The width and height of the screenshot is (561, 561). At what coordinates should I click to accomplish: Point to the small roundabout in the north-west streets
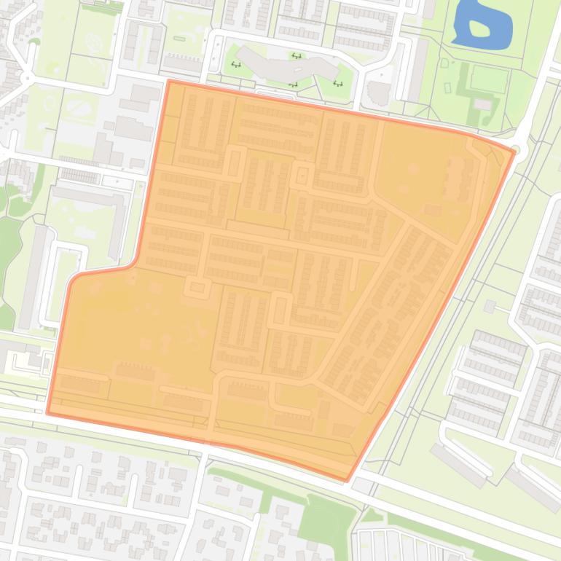pos(27,77)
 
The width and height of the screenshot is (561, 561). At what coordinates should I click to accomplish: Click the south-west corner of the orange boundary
pos(48,412)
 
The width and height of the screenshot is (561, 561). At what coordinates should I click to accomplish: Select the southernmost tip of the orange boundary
pos(347,481)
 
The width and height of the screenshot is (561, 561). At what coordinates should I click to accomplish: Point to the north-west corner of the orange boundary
pos(169,81)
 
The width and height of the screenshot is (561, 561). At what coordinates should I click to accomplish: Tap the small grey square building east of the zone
pos(490,306)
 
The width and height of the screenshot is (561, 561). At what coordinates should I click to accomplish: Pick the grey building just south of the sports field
pos(482,104)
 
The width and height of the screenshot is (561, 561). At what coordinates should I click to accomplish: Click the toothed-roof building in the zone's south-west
pos(135,372)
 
